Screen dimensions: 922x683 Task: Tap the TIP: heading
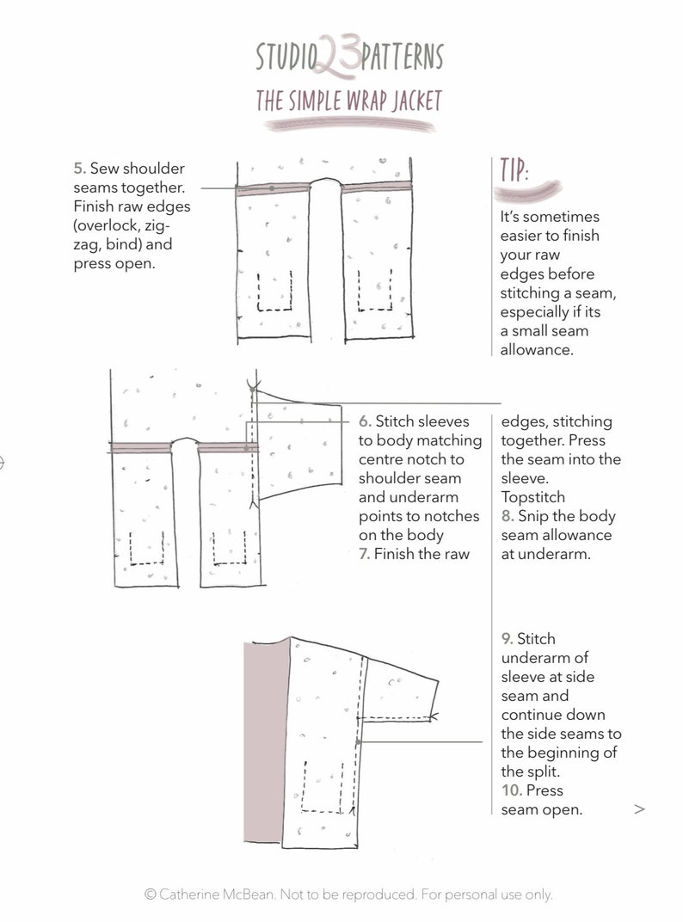(514, 171)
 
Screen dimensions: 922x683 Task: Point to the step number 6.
(365, 421)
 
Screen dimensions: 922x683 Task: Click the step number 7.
(365, 554)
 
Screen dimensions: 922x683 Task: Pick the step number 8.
(508, 516)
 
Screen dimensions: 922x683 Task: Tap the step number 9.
(508, 639)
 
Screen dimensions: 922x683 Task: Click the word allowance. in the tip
(535, 350)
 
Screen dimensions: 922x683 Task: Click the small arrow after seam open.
(639, 809)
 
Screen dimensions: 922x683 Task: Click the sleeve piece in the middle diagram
(297, 452)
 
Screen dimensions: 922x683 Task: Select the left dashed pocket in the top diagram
(274, 292)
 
